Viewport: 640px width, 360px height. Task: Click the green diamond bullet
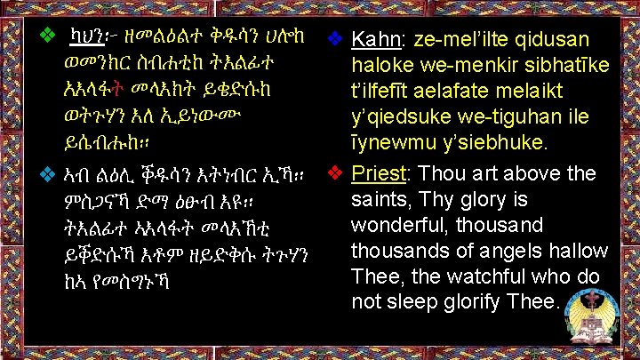(x=48, y=35)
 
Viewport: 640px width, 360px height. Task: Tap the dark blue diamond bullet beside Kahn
(x=335, y=38)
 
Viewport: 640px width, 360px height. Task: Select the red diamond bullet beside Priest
(x=335, y=173)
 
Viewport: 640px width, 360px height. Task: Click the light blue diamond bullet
(x=48, y=175)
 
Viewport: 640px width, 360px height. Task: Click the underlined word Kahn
(x=376, y=40)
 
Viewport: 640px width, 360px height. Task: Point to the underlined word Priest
(x=379, y=174)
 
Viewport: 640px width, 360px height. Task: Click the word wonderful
(x=400, y=225)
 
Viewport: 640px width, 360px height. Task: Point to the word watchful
(x=484, y=276)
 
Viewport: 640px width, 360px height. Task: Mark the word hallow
(x=579, y=250)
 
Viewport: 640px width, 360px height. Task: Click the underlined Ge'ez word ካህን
(x=86, y=36)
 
